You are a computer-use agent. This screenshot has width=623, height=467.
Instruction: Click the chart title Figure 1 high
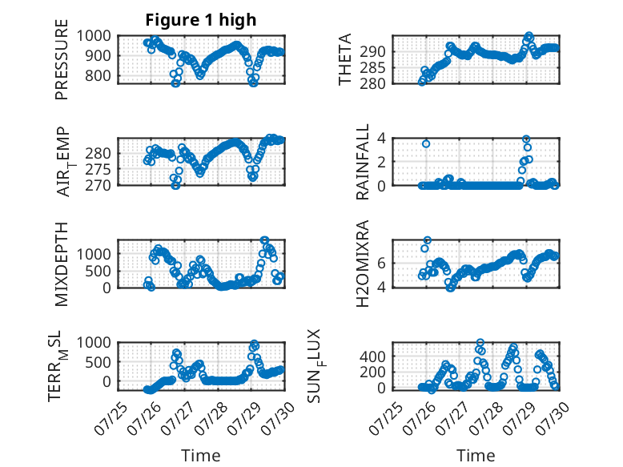(x=201, y=20)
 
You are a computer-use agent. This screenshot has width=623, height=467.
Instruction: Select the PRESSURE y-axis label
(x=62, y=59)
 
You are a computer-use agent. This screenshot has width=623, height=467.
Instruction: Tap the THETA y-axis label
(x=345, y=59)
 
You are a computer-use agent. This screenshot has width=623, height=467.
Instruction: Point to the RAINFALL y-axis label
(x=363, y=161)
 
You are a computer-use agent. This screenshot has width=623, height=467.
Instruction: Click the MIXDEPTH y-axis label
(x=62, y=264)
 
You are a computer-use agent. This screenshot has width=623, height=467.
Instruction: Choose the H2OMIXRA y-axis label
(x=363, y=264)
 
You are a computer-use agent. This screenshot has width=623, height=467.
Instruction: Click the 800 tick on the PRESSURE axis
(x=98, y=75)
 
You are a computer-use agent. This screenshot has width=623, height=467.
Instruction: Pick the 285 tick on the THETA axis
(x=372, y=68)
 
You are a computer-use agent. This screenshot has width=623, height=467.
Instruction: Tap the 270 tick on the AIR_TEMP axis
(x=98, y=185)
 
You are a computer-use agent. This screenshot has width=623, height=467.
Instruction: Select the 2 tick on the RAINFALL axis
(x=381, y=162)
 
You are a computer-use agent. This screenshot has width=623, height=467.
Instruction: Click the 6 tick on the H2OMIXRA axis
(x=381, y=263)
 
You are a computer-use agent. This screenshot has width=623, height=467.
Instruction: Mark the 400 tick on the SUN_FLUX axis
(x=372, y=356)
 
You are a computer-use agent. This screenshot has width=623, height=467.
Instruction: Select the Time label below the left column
(x=201, y=455)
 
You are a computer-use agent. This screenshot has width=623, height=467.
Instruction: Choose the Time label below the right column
(x=476, y=455)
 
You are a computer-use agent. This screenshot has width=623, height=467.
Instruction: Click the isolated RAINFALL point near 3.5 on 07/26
(x=426, y=144)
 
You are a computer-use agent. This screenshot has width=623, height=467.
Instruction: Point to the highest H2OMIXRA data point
(x=428, y=240)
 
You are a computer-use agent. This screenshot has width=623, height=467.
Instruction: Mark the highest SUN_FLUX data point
(x=480, y=342)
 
